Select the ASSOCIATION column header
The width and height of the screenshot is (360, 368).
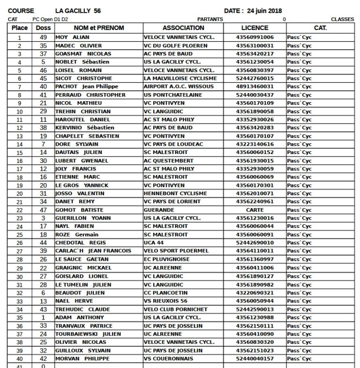(183, 28)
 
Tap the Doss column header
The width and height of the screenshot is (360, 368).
(43, 28)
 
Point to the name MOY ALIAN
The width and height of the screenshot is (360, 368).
(73, 37)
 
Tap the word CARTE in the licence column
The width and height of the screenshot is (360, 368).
(255, 210)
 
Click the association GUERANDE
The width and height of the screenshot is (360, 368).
(159, 210)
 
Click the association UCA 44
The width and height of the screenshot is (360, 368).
(154, 243)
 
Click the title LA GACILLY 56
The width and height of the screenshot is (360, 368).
(78, 11)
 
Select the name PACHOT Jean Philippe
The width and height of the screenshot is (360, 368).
(87, 87)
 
